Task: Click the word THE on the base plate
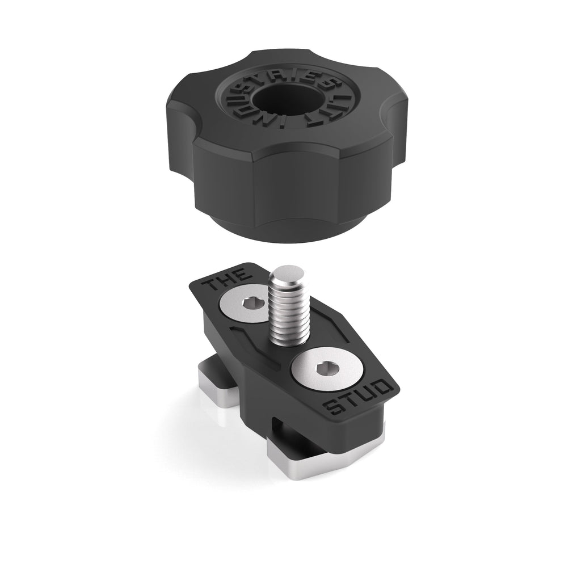(228, 278)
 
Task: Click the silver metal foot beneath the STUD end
(318, 461)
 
